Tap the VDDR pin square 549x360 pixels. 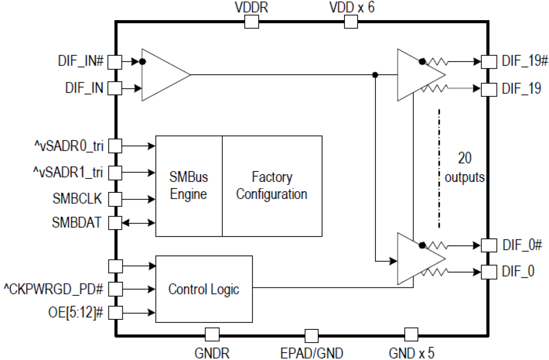pos(251,21)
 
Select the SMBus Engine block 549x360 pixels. pos(189,186)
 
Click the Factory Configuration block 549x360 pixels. pos(272,186)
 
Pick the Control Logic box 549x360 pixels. pos(204,289)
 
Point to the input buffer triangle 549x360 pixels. pos(162,75)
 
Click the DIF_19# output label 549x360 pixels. pos(522,62)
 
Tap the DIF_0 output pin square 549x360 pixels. pos(488,272)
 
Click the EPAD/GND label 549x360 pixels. pos(312,352)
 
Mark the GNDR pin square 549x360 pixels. pos(212,335)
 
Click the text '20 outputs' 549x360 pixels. pos(465,168)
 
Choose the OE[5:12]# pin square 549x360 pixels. pos(115,312)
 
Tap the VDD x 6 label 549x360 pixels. pos(351,7)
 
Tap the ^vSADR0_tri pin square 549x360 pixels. pos(115,146)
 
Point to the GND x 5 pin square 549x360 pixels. pos(411,335)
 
